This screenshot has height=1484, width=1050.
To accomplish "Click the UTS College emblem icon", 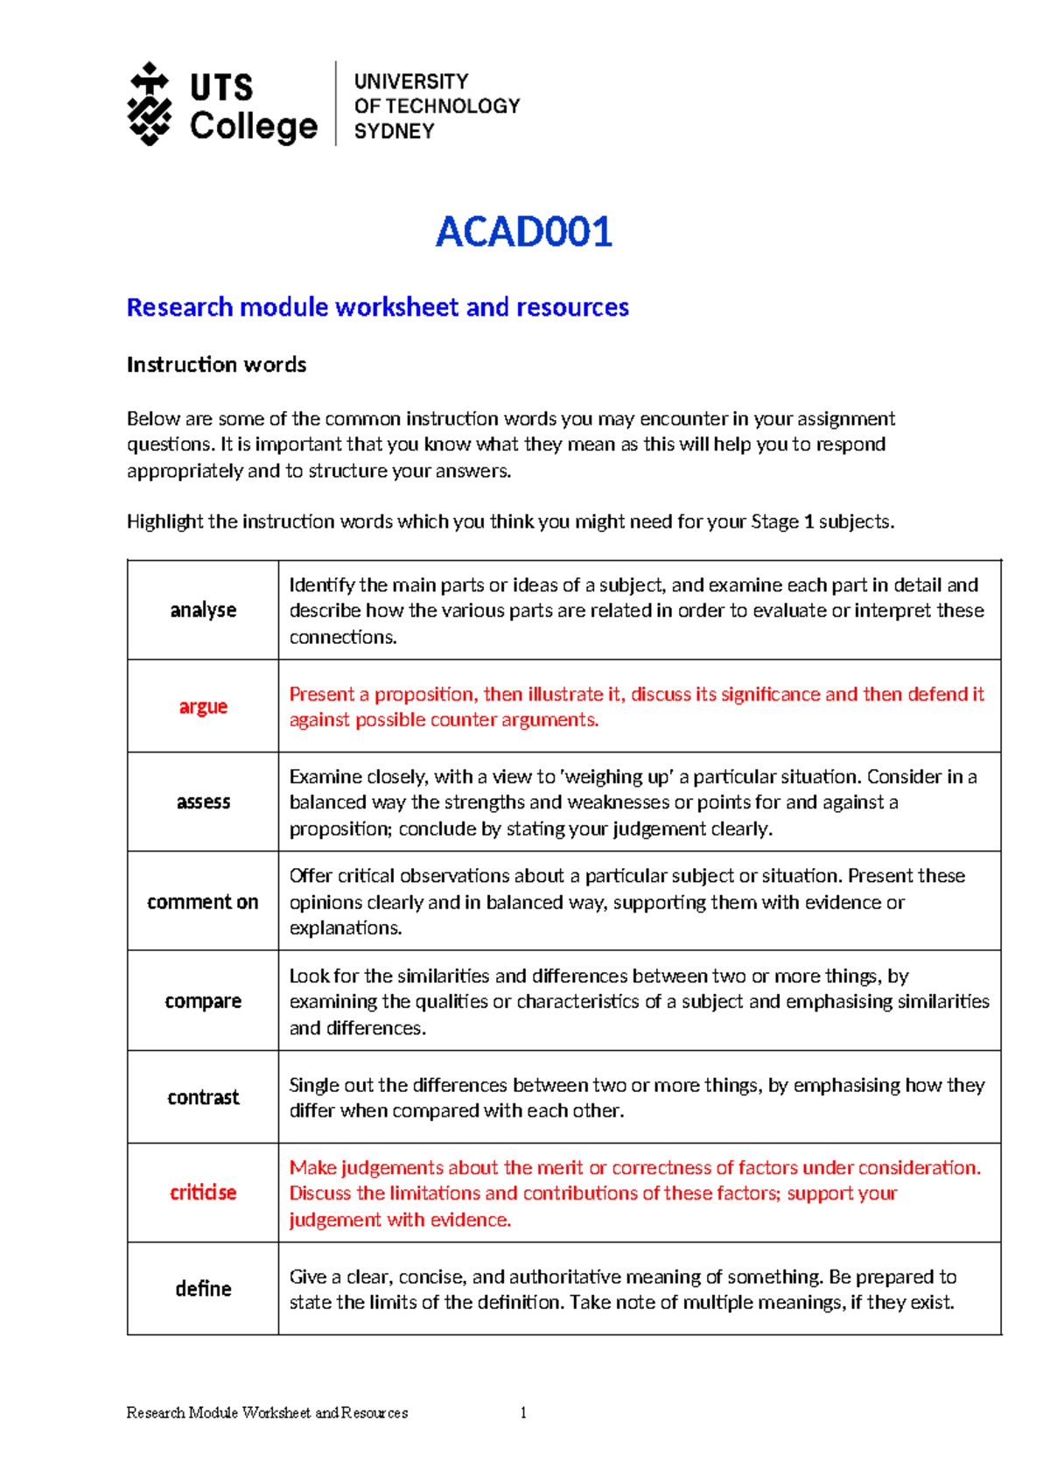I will [x=150, y=103].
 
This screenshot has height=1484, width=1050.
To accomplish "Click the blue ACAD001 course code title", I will [x=523, y=232].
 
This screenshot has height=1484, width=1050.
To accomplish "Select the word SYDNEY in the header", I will [x=394, y=131].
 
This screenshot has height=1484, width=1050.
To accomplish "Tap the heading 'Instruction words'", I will [x=216, y=364].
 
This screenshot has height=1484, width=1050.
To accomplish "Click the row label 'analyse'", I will [x=203, y=610].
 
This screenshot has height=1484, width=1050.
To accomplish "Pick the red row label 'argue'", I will [x=203, y=706].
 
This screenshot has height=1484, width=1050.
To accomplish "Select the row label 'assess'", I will [x=203, y=801].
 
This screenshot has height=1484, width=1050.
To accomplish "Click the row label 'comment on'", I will [x=203, y=901].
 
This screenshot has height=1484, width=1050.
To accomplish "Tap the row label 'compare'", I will [x=203, y=1001].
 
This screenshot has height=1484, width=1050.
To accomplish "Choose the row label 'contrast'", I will [x=203, y=1097].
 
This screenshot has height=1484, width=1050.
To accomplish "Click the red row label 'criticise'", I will [x=203, y=1193].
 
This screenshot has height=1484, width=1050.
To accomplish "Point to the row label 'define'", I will [x=203, y=1289].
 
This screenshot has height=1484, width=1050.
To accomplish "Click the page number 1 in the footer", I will [x=523, y=1412].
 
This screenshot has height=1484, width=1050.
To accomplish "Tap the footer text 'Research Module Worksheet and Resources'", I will [x=267, y=1412].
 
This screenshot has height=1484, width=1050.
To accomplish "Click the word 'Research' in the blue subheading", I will [x=179, y=307].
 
